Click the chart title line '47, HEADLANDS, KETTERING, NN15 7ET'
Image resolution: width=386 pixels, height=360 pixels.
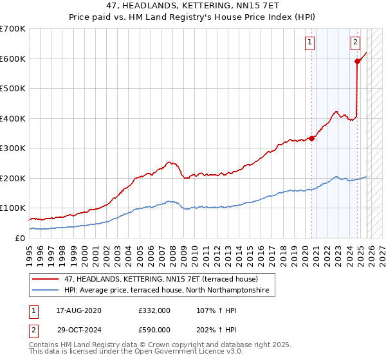[192, 5]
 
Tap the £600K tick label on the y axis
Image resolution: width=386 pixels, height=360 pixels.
[13, 59]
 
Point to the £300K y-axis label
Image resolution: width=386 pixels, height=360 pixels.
[13, 148]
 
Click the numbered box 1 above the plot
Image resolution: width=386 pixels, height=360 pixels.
[310, 43]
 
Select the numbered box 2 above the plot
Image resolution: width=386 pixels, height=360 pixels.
[356, 43]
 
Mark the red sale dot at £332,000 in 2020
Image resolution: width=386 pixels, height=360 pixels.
[311, 138]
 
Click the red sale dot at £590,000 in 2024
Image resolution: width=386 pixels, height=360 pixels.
[358, 61]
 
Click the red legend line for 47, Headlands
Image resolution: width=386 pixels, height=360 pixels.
[47, 279]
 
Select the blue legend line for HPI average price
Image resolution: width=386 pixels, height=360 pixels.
[47, 291]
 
